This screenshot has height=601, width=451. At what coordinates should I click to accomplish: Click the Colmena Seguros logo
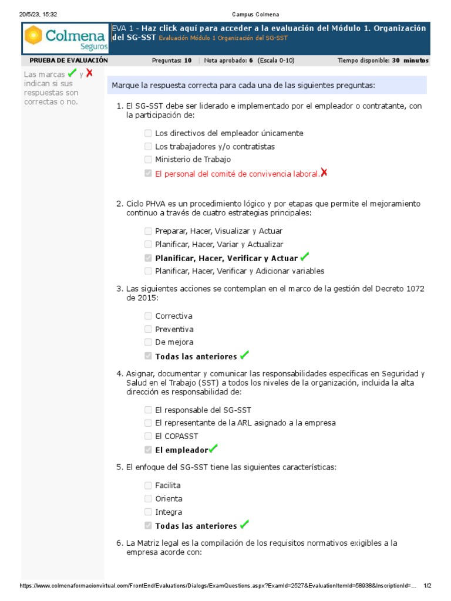click(66, 39)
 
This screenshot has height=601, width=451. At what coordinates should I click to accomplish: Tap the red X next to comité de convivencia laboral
click(324, 173)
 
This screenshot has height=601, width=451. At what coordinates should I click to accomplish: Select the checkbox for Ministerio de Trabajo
click(148, 159)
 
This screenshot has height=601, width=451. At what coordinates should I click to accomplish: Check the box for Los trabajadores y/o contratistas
click(148, 146)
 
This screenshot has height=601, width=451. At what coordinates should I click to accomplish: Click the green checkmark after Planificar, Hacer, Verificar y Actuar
click(304, 257)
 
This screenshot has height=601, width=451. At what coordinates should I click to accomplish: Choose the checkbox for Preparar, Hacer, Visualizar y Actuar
click(148, 231)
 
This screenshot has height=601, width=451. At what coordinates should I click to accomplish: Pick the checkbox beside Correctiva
click(148, 316)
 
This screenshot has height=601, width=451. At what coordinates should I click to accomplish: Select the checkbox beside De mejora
click(148, 342)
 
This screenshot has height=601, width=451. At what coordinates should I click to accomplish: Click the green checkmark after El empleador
click(213, 449)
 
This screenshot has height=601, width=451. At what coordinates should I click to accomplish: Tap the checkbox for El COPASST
click(148, 436)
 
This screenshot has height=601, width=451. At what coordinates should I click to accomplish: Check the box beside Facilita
click(148, 485)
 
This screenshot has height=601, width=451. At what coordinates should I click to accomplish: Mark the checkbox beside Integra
click(148, 512)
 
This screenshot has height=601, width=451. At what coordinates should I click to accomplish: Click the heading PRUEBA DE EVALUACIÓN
click(69, 60)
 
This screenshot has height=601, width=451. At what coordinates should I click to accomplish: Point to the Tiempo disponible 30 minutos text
click(383, 60)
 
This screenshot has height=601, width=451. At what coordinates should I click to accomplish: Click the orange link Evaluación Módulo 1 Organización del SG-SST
click(223, 38)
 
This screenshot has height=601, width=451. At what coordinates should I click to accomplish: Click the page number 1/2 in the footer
click(428, 586)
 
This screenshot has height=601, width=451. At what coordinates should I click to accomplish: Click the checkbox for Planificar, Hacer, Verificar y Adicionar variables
click(148, 271)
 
